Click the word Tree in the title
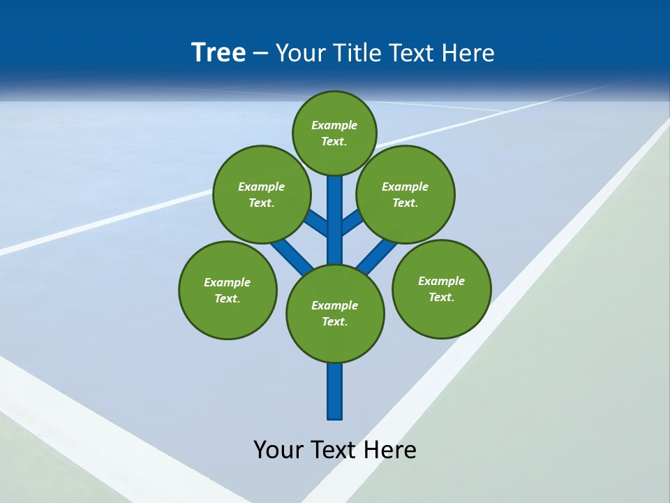pos(218,53)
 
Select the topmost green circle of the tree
pos(334,133)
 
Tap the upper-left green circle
pos(261,194)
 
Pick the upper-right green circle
pos(405,194)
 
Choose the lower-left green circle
pos(228,290)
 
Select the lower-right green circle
pos(441,289)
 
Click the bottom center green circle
pos(335,314)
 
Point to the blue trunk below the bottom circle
pos(335,391)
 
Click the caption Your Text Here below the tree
pos(335,450)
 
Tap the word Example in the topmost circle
pos(334,125)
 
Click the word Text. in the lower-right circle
pos(441,297)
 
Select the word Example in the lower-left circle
pos(228,282)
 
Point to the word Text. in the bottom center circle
pos(335,322)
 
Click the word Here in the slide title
pos(468,53)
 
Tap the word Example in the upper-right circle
pos(405,187)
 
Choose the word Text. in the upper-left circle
pos(261,203)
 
